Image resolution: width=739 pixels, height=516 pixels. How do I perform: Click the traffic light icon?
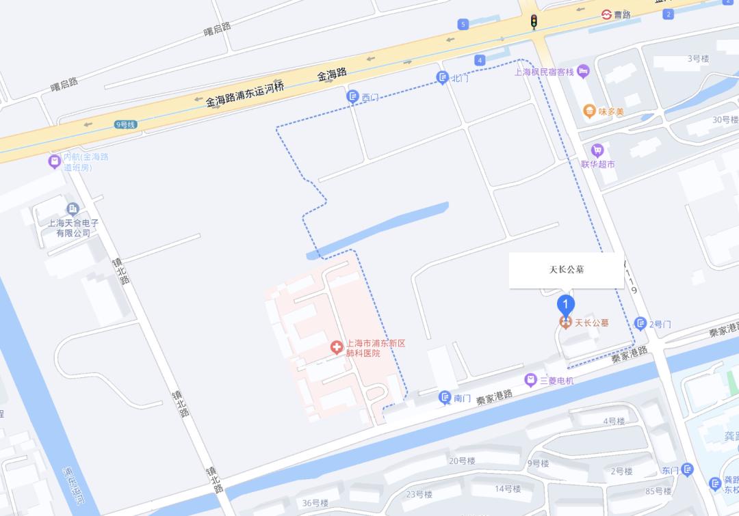533,22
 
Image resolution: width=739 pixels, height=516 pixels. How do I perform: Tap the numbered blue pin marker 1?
566,304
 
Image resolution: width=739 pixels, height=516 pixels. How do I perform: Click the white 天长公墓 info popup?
566,269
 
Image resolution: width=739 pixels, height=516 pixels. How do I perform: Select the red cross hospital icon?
336,347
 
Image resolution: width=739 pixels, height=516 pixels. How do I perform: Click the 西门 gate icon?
352,97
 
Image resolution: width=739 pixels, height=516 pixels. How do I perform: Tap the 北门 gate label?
460,78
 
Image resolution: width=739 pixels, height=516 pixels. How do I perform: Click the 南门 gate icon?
445,398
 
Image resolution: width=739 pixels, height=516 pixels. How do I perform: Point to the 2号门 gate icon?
640,323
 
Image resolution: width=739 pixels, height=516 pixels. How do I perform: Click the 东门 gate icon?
688,470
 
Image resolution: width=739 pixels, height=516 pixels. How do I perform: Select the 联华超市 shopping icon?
597,150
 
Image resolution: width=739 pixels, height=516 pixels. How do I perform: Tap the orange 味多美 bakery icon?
588,111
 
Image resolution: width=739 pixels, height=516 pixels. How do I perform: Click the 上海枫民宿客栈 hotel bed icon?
583,71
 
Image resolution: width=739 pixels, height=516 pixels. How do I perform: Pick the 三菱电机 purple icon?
530,380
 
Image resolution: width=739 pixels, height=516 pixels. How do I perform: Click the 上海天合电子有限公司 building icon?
73,209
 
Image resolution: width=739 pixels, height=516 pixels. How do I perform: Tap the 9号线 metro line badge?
126,124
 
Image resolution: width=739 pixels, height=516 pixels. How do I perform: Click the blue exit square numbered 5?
463,25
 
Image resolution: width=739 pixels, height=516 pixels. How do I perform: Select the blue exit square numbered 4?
480,60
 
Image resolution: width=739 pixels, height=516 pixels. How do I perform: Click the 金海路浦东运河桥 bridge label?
245,94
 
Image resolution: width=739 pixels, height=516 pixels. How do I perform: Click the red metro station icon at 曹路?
606,14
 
